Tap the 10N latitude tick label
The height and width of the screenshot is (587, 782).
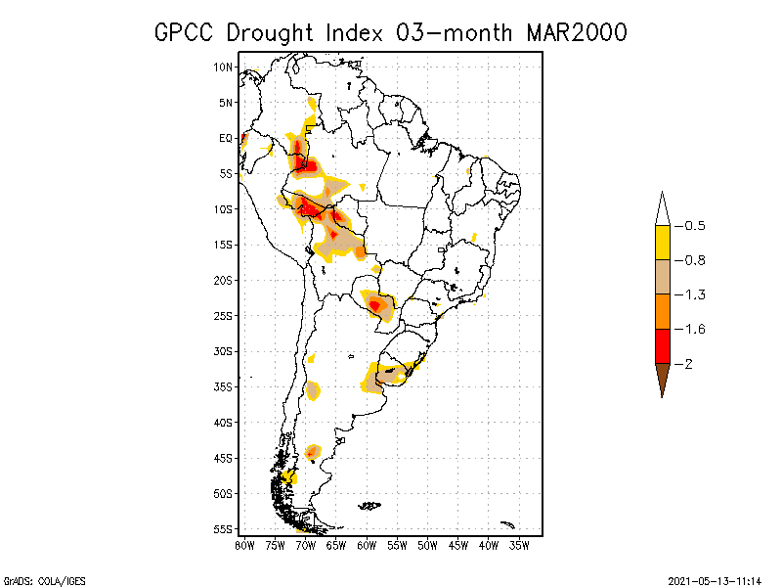coord(224,68)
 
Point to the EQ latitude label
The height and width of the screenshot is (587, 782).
coord(226,139)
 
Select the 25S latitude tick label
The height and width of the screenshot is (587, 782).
coord(224,316)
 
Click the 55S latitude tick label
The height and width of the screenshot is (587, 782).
coord(224,529)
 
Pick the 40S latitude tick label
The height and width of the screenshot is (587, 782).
coord(224,423)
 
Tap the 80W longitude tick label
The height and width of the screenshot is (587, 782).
coord(244,545)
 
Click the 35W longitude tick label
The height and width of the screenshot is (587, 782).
coord(519,545)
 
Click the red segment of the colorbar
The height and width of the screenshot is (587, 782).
coord(662,345)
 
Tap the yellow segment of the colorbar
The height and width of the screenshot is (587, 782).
coord(662,243)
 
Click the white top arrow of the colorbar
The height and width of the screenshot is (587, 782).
coord(662,208)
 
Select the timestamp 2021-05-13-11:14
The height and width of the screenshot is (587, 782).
coord(715,580)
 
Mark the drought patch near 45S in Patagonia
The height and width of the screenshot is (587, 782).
coord(313,452)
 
